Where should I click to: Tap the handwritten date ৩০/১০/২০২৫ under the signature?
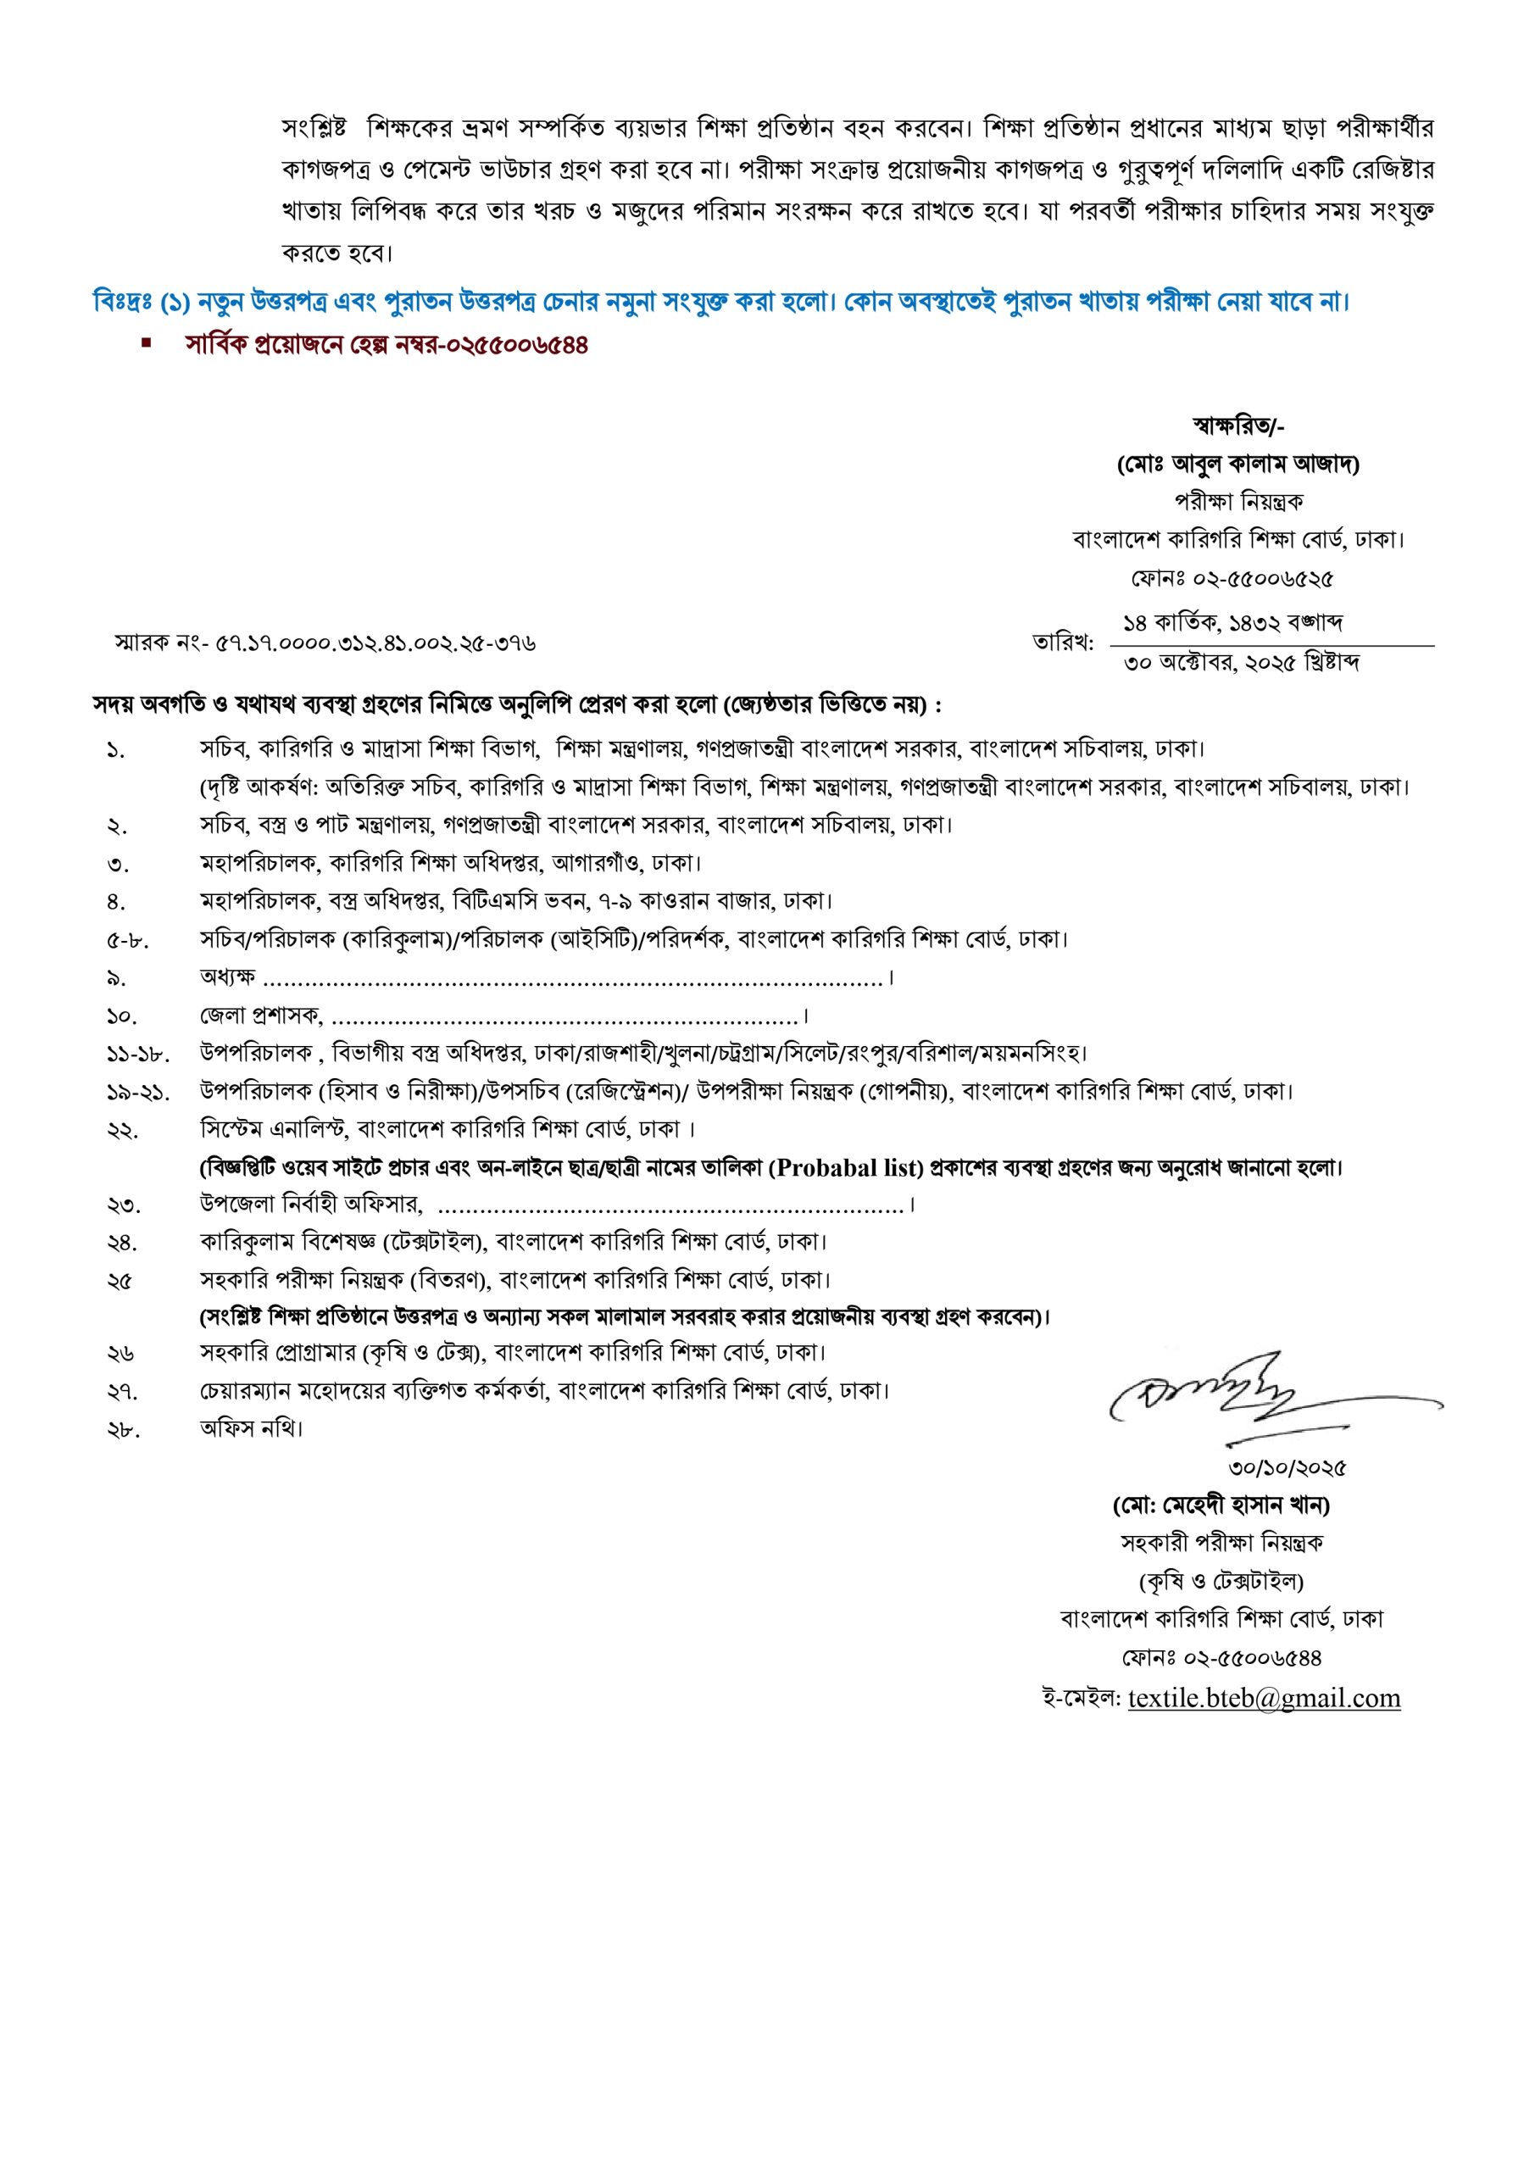pos(1287,1468)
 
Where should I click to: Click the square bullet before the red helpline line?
pos(147,344)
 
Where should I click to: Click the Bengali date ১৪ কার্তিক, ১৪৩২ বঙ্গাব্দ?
pos(1232,624)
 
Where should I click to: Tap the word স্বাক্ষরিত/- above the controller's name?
pos(1238,427)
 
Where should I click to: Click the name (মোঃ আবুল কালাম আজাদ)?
pos(1238,465)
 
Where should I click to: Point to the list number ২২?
pos(122,1131)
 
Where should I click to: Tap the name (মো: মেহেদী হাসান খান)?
pos(1221,1505)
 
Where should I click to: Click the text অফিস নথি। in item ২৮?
pos(252,1428)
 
